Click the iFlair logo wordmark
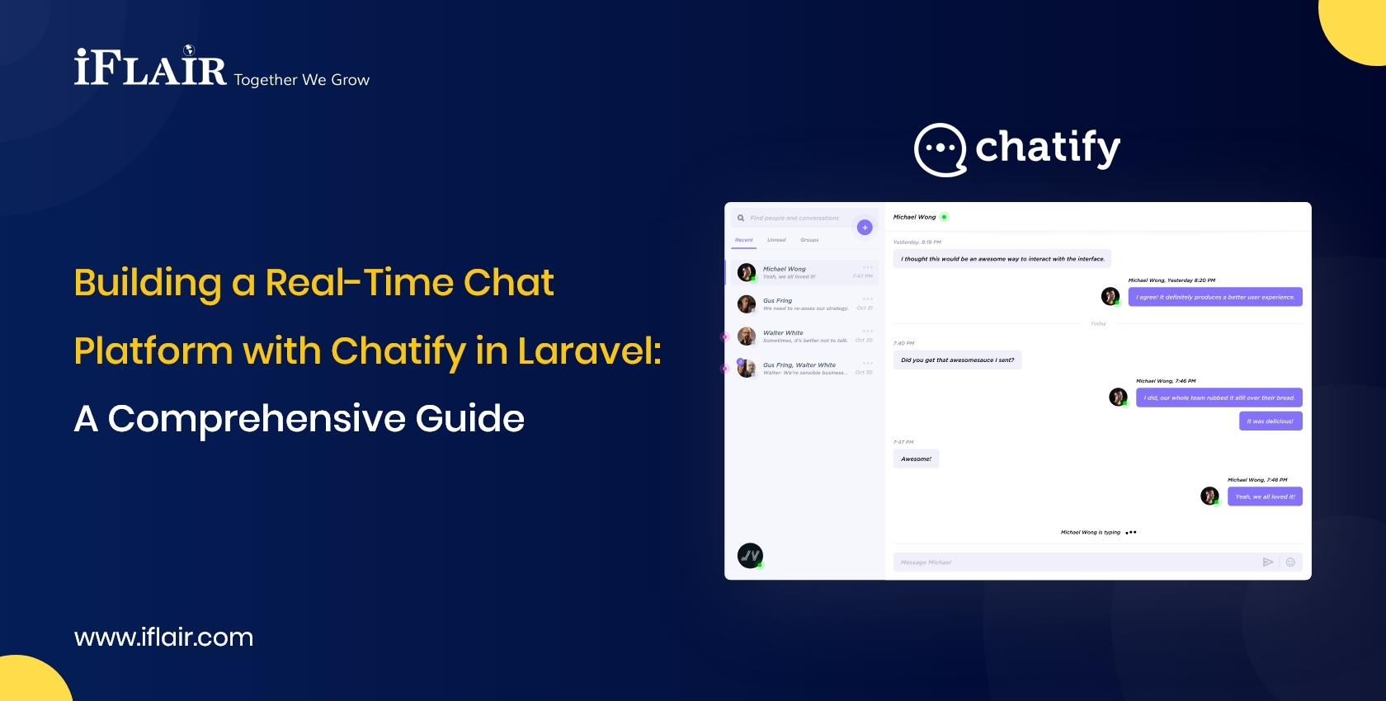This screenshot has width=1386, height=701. pyautogui.click(x=150, y=68)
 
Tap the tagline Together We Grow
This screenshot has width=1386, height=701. pyautogui.click(x=302, y=80)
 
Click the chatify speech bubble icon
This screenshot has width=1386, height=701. pyautogui.click(x=940, y=150)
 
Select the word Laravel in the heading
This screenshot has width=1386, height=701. pyautogui.click(x=588, y=350)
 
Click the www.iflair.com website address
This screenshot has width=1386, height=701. pyautogui.click(x=163, y=637)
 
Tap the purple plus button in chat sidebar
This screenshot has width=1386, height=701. pyautogui.click(x=865, y=228)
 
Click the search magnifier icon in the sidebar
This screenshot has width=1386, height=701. pyautogui.click(x=741, y=219)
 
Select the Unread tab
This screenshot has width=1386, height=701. pyautogui.click(x=776, y=240)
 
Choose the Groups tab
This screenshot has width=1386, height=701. pyautogui.click(x=809, y=240)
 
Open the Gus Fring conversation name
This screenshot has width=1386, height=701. pyautogui.click(x=777, y=301)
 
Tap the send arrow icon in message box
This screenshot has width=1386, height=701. pyautogui.click(x=1268, y=562)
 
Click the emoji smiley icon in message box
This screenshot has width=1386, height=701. pyautogui.click(x=1290, y=562)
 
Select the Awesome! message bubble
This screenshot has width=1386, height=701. pyautogui.click(x=916, y=459)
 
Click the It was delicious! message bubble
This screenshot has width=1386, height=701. pyautogui.click(x=1270, y=421)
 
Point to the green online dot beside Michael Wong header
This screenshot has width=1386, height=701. pyautogui.click(x=945, y=217)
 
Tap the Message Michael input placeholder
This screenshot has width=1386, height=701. pyautogui.click(x=926, y=562)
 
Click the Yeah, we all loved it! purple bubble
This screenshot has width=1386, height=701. pyautogui.click(x=1265, y=496)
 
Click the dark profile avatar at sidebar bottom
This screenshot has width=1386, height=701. pyautogui.click(x=750, y=556)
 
